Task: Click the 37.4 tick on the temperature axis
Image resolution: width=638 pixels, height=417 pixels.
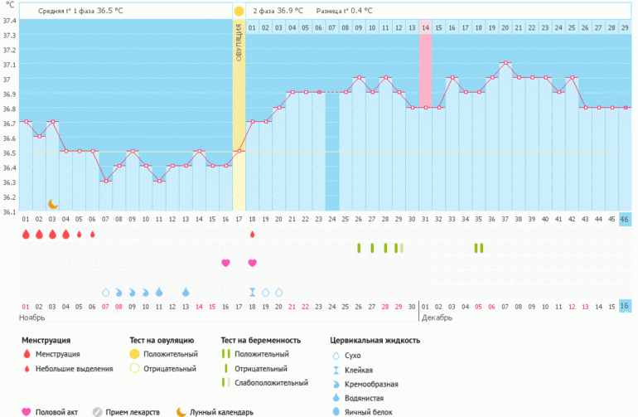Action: (x=9, y=21)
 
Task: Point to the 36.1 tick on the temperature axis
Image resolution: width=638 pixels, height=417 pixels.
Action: (x=9, y=211)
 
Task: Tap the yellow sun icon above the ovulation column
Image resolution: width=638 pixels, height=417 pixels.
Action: (x=239, y=11)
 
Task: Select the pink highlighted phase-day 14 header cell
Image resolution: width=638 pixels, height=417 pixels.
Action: (x=425, y=28)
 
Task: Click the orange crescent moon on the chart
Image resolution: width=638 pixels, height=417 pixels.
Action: (x=53, y=204)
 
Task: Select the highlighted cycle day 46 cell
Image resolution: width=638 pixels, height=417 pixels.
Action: (x=625, y=219)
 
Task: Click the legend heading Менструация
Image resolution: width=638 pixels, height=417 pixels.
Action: (x=46, y=340)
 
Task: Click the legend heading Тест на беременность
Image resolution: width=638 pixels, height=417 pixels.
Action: (x=262, y=340)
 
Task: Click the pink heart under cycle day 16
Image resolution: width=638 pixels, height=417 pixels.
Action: (x=225, y=263)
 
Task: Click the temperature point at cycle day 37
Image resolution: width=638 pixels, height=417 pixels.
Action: (x=505, y=62)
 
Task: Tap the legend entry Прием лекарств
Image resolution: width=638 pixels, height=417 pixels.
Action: (x=133, y=411)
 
